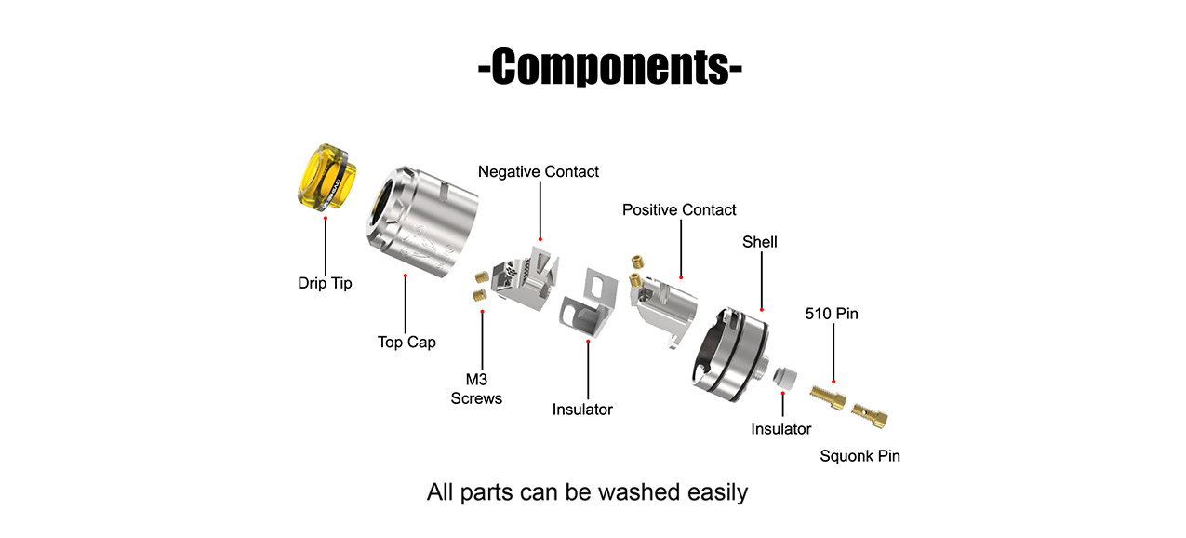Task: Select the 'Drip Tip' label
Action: pyautogui.click(x=325, y=283)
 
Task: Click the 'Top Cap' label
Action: pyautogui.click(x=406, y=342)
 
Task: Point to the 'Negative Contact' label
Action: pyautogui.click(x=539, y=171)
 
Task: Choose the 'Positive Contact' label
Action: pyautogui.click(x=679, y=209)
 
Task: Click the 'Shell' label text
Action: pyautogui.click(x=760, y=242)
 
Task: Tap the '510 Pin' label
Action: pyautogui.click(x=832, y=314)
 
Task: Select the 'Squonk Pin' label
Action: pyautogui.click(x=860, y=456)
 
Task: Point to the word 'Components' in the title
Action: pyautogui.click(x=610, y=68)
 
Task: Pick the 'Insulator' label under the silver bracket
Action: pyautogui.click(x=582, y=409)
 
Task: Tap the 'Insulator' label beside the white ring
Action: pyautogui.click(x=781, y=429)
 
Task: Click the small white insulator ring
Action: pyautogui.click(x=783, y=377)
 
